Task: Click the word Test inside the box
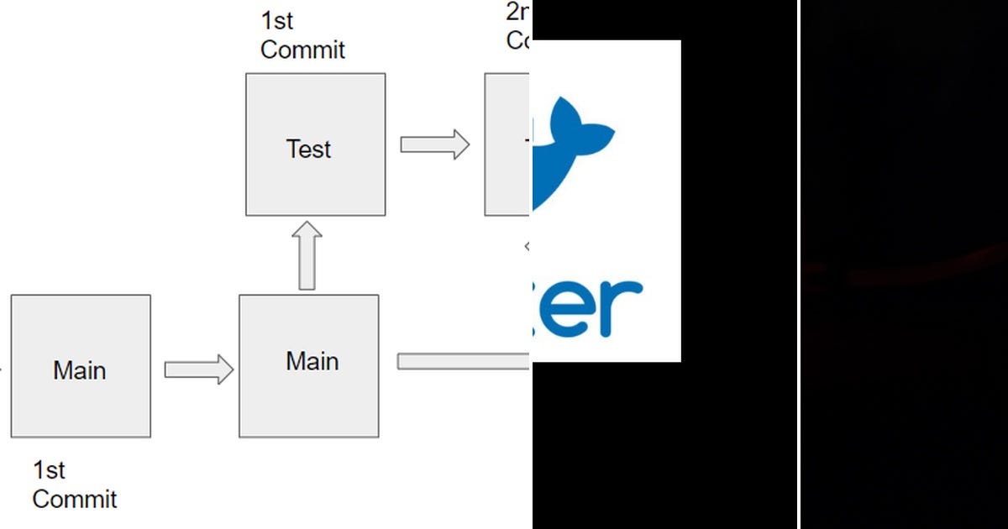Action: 309,149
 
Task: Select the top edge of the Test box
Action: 315,74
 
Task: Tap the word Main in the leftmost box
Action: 79,370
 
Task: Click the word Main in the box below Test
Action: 312,361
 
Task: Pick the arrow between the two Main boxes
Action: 198,369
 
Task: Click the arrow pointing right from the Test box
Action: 434,144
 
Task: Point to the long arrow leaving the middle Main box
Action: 463,361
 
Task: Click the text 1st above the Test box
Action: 277,20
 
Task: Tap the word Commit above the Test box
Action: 302,50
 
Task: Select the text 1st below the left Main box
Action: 49,470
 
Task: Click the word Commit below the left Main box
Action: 74,500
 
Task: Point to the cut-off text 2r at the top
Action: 517,13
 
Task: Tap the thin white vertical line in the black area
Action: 798,264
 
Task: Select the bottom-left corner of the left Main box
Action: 12,436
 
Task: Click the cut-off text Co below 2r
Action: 517,40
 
